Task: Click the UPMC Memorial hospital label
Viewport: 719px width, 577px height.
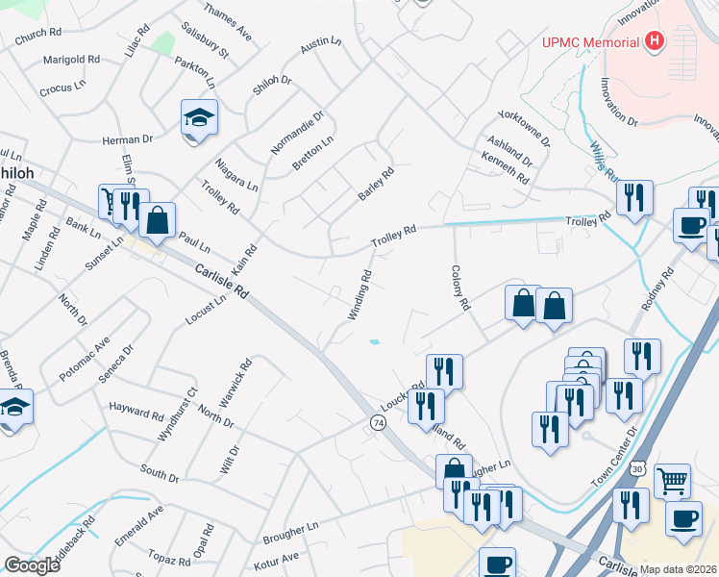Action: pos(590,42)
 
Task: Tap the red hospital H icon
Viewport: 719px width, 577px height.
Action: pos(655,41)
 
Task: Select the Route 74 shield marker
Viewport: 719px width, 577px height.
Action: pos(378,423)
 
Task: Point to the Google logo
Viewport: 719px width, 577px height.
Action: pos(32,565)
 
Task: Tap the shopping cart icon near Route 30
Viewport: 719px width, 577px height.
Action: pos(672,479)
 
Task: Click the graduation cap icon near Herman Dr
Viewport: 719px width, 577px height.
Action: pos(199,118)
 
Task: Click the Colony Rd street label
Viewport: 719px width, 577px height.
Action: pos(459,288)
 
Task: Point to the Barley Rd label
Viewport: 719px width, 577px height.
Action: pos(376,185)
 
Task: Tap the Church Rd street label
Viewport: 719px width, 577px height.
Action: pos(37,37)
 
